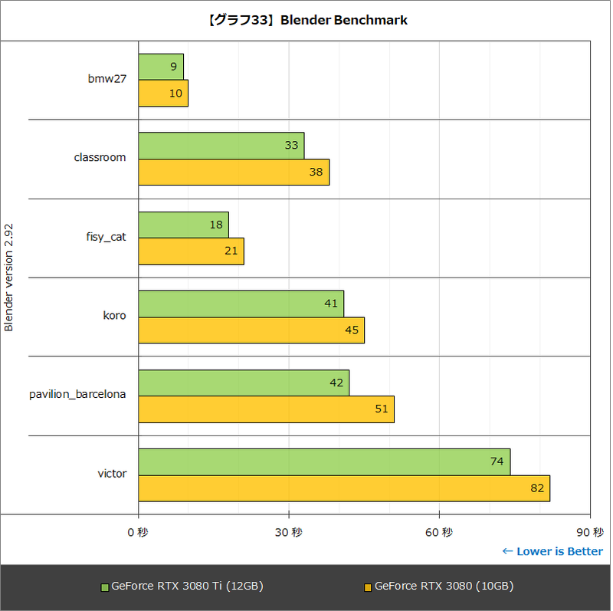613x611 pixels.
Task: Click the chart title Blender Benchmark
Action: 306,21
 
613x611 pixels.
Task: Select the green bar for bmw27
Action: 161,67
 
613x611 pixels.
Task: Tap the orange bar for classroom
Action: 234,172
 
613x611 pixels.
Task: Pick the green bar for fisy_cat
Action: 183,225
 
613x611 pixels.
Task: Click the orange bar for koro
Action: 251,330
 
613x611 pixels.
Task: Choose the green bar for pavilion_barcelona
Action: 244,383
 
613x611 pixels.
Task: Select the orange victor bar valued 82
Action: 344,488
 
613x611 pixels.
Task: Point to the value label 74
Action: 496,462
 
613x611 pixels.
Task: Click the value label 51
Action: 381,409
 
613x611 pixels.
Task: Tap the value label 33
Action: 291,146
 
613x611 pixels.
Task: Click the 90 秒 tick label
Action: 592,532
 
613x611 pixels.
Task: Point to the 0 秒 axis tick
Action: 138,532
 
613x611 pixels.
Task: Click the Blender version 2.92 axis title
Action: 9,278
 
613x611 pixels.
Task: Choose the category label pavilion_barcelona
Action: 77,394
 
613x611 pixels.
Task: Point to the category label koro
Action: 114,315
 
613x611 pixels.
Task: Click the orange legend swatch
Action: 368,587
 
